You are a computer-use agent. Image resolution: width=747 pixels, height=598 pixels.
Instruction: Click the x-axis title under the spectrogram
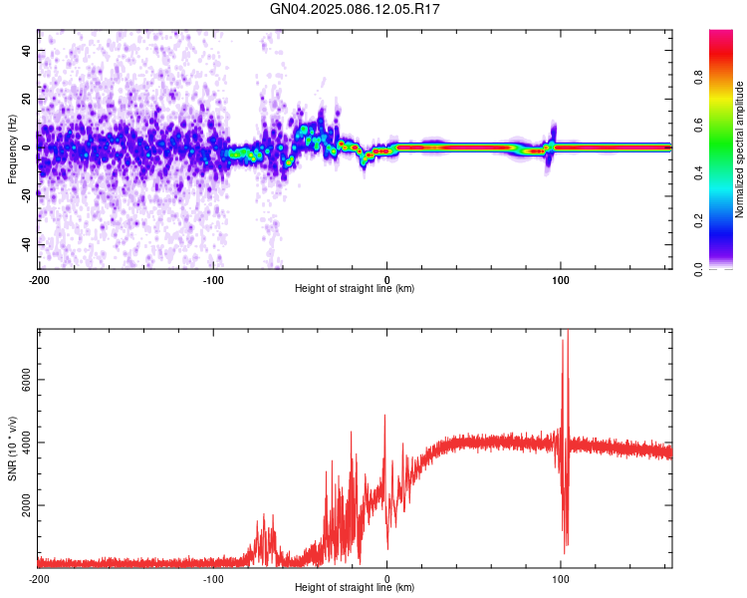tap(355, 288)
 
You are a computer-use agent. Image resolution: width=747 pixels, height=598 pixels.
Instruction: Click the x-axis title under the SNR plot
tap(355, 587)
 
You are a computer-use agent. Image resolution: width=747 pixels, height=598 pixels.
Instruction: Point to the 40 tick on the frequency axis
tap(26, 50)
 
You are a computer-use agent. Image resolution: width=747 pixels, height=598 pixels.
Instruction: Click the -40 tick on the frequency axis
tap(24, 244)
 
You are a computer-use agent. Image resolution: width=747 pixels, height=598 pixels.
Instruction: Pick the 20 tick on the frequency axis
tap(26, 99)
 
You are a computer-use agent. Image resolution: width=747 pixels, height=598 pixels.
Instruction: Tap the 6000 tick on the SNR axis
tap(20, 380)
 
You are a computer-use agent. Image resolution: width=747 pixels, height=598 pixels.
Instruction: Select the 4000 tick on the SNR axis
tap(20, 443)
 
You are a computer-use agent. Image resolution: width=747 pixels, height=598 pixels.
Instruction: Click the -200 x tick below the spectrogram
tap(39, 278)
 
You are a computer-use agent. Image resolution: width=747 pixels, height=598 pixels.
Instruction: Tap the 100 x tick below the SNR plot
tap(561, 578)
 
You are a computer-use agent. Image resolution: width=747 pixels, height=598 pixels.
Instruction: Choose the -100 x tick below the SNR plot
tap(212, 578)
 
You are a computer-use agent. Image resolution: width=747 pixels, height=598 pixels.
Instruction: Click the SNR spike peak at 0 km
tap(384, 415)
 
